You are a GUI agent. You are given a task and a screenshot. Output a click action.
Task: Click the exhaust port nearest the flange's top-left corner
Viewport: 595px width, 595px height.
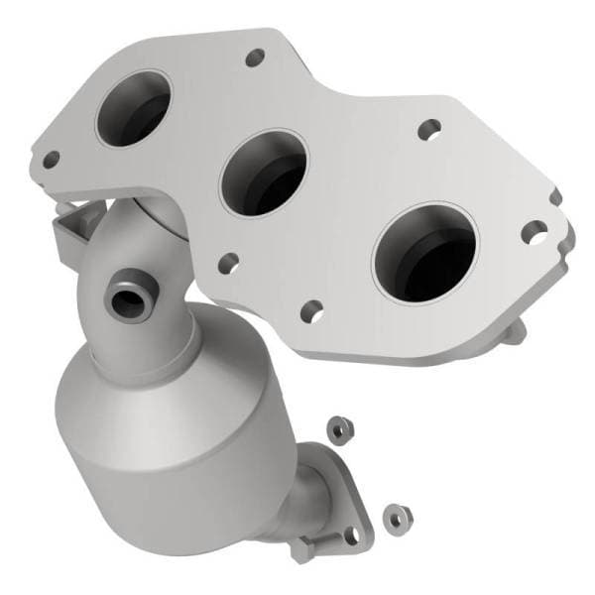pos(135,108)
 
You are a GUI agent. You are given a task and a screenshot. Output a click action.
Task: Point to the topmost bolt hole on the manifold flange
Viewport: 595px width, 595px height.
pos(255,58)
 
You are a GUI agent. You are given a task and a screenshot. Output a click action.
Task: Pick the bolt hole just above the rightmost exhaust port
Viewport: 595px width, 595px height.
pos(429,128)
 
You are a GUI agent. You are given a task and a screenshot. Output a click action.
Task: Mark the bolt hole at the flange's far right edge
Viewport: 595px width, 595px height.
pos(536,234)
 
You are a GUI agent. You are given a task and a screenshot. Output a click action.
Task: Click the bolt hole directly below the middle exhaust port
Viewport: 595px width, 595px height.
pos(228,263)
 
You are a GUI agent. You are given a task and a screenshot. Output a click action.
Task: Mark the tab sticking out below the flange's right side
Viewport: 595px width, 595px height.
pos(516,332)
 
